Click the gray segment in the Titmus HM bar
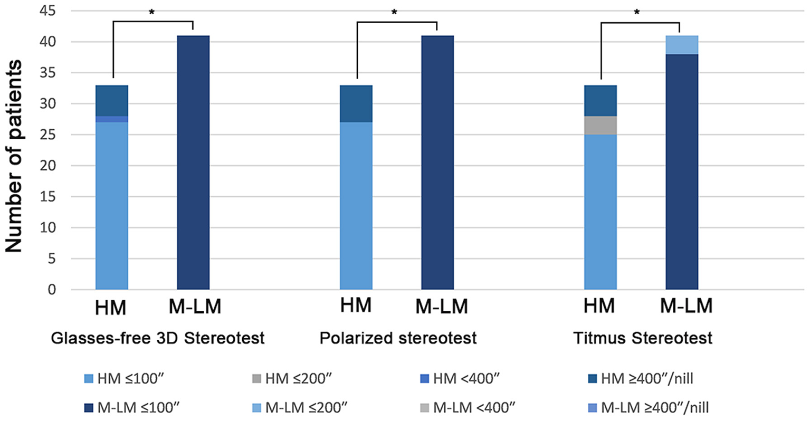click(601, 126)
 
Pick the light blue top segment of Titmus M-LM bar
click(682, 45)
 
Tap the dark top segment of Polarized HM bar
click(356, 104)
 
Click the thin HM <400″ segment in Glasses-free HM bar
click(112, 119)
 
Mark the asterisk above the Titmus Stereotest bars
click(637, 12)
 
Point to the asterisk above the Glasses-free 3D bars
click(151, 12)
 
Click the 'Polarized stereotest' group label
click(398, 338)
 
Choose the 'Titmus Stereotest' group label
click(643, 338)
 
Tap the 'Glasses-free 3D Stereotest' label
click(157, 338)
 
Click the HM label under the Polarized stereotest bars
click(356, 305)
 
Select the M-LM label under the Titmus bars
click(686, 305)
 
